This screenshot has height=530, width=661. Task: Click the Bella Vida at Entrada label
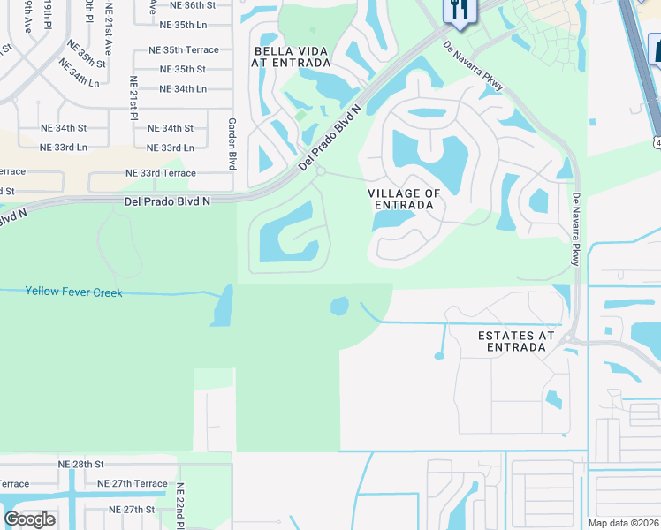pos(292,57)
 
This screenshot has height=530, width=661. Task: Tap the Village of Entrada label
pos(404,199)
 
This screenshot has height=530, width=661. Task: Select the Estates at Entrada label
pos(516,341)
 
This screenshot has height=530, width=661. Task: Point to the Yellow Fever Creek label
pos(73,291)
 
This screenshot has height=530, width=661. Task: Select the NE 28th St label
pos(81,464)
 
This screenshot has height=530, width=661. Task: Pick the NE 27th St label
pos(126,510)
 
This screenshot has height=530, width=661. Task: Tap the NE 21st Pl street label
pos(134,104)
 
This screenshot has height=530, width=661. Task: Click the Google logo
pos(29,519)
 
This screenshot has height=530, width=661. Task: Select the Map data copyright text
pos(624,523)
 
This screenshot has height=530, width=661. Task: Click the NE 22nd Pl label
pos(179,505)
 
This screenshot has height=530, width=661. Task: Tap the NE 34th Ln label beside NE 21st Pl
pos(183,88)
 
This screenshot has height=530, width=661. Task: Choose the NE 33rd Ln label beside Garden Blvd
pos(170,148)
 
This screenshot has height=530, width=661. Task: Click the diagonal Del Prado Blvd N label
pos(330,138)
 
